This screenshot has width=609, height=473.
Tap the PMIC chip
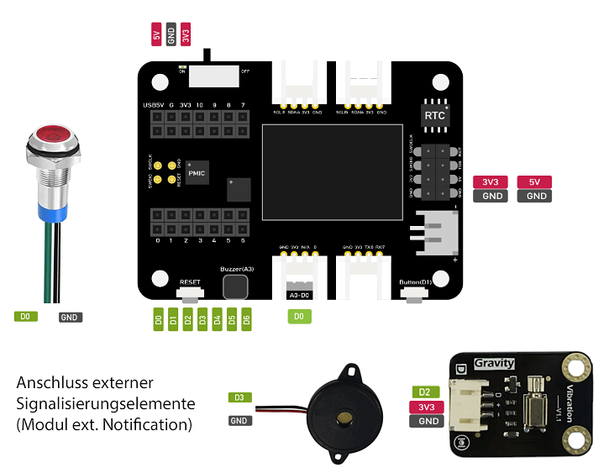(196, 172)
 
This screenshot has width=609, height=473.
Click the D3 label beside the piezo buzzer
(239, 397)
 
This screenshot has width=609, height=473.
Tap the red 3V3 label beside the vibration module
(426, 407)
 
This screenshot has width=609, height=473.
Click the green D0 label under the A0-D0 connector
(297, 317)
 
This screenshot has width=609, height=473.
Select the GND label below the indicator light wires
(71, 318)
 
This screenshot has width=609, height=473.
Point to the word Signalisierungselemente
(105, 403)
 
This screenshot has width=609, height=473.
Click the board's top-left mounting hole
(160, 81)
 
